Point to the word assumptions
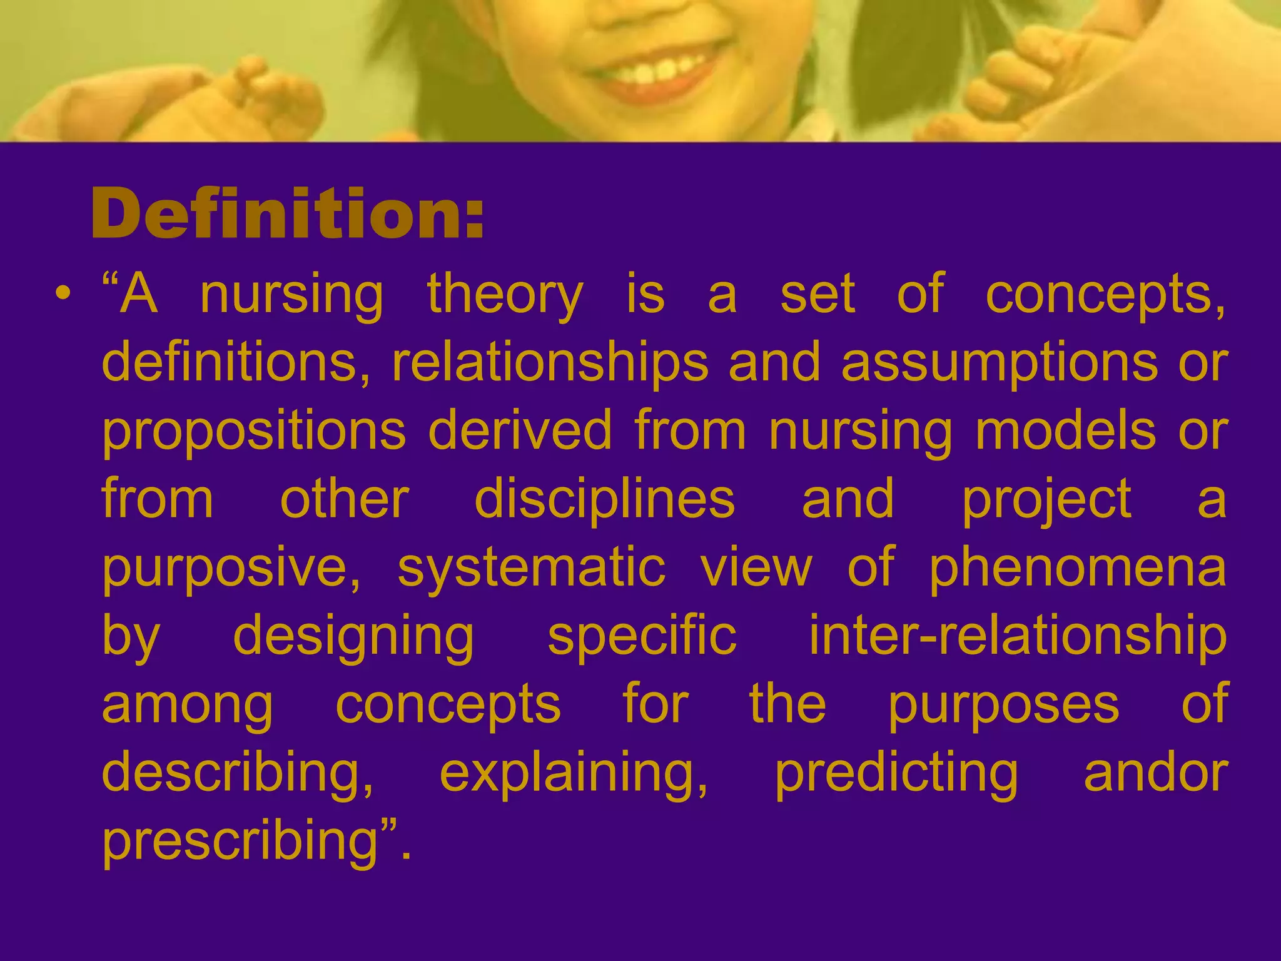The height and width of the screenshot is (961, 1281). pos(1000,364)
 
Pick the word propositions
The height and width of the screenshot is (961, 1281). pos(254,433)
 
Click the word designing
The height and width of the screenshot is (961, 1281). pos(353,638)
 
